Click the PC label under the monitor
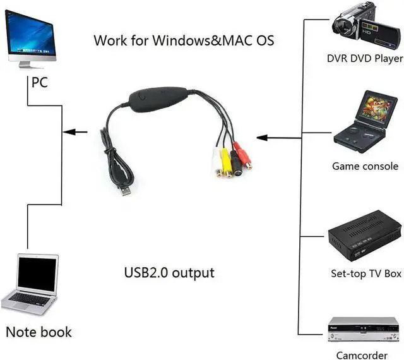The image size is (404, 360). pos(39,83)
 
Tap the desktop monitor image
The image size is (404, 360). pos(30,37)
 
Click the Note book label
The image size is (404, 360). pos(39,332)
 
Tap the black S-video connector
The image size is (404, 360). pos(235,166)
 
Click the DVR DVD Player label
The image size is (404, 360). pos(364,59)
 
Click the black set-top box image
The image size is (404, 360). pos(364,238)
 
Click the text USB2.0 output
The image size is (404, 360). pos(169,273)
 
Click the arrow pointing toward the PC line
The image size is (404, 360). pos(76,132)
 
